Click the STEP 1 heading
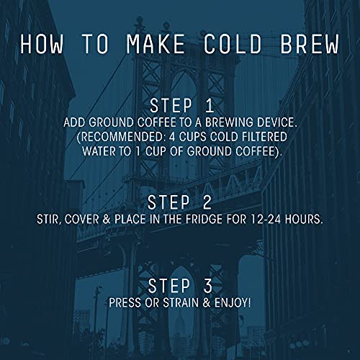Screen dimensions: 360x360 coord(179,106)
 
